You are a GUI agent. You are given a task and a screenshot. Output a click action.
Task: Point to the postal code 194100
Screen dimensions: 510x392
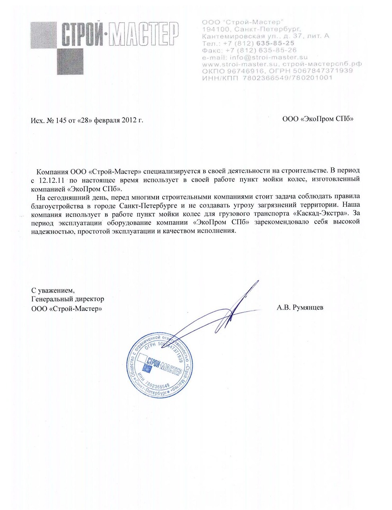(x=216, y=29)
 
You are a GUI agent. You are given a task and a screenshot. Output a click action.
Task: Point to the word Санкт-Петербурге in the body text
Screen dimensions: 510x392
(x=149, y=206)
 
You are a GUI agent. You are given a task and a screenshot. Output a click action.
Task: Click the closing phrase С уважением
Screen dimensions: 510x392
(x=53, y=290)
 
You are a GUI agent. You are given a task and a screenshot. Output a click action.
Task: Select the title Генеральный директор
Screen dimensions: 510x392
(x=67, y=299)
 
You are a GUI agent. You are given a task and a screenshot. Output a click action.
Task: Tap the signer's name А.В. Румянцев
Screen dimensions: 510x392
(x=300, y=308)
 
